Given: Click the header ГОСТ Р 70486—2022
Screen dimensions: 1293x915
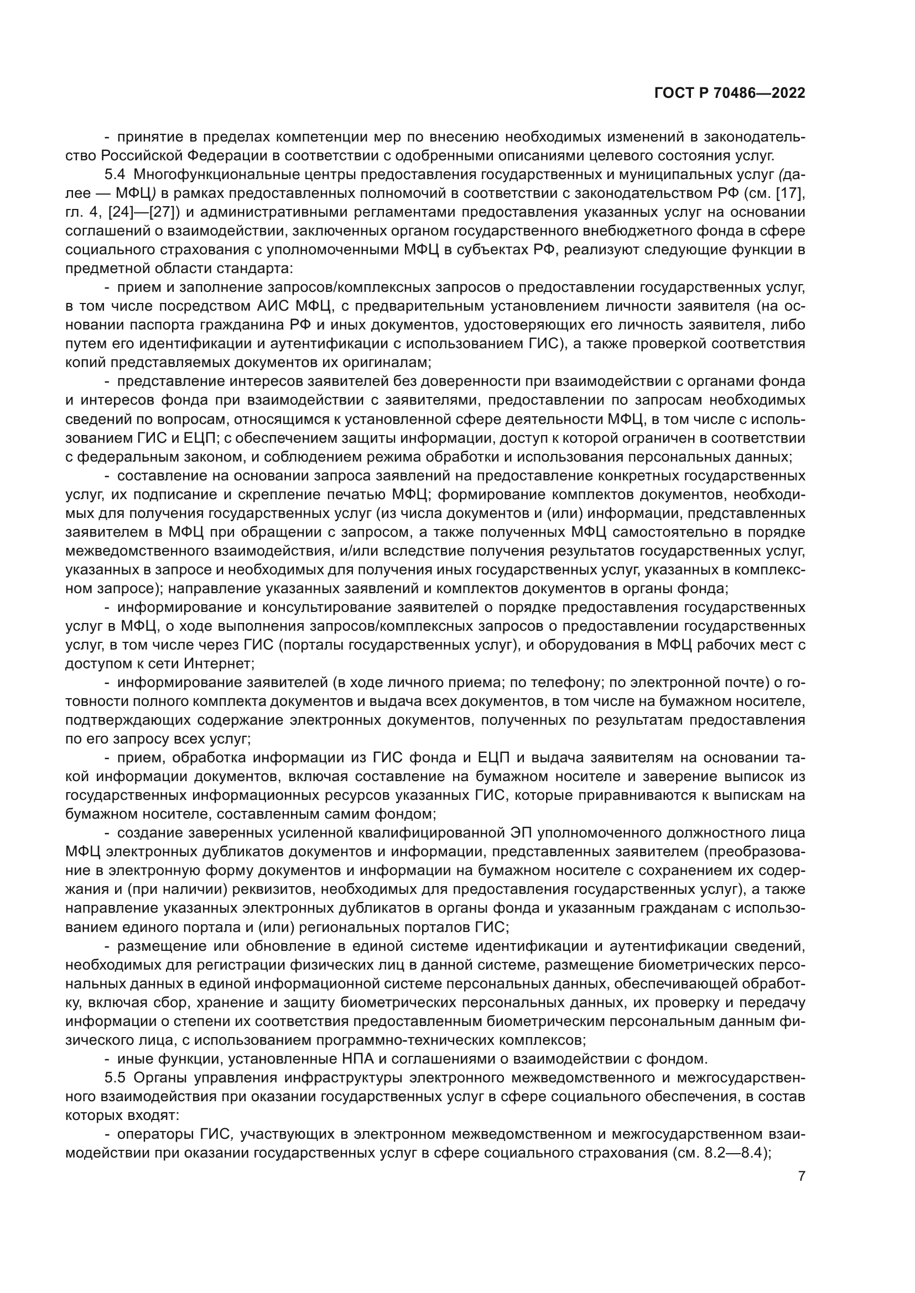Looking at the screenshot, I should pos(730,93).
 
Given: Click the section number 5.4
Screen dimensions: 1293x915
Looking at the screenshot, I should pos(115,175).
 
